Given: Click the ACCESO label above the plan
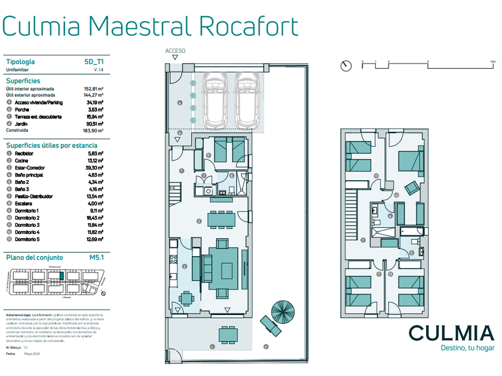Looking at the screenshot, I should pyautogui.click(x=176, y=51).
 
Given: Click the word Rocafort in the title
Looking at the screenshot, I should pyautogui.click(x=248, y=26).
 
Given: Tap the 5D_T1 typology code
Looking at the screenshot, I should pyautogui.click(x=94, y=61).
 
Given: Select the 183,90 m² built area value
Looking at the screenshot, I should pyautogui.click(x=93, y=130).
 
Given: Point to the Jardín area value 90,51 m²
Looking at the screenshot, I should pyautogui.click(x=94, y=124).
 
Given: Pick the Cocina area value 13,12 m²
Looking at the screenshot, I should pyautogui.click(x=95, y=161).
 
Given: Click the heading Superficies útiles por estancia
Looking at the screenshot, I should pyautogui.click(x=51, y=145).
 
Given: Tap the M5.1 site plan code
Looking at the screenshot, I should pyautogui.click(x=96, y=257).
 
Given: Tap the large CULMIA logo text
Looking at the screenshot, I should pyautogui.click(x=451, y=334).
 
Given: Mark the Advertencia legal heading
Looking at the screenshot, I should pyautogui.click(x=17, y=314).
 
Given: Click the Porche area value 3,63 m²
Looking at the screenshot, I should pyautogui.click(x=96, y=109).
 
